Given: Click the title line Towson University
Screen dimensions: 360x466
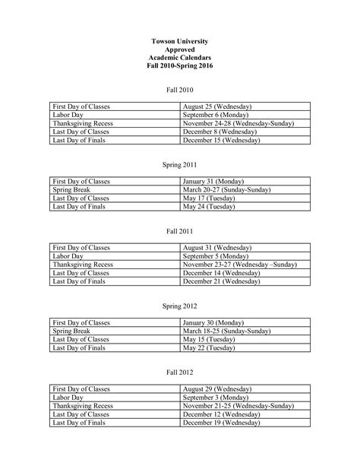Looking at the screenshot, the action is point(180,40).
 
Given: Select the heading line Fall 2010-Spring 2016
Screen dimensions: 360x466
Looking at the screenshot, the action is point(180,67).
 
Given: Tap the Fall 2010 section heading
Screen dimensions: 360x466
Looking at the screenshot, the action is point(180,90).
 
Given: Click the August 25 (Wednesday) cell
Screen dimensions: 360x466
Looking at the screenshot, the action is point(217,106).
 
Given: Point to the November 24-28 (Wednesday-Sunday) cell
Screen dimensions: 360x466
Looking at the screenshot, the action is point(238,123).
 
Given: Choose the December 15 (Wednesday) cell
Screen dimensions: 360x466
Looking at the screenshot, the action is point(221,141).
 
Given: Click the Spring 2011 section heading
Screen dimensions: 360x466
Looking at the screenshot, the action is point(180,163).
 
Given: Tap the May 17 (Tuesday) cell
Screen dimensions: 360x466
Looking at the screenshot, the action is point(209,198).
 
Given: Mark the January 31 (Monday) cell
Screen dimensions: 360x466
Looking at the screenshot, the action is point(213,181).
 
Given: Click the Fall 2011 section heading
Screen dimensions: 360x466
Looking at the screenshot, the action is point(180,230).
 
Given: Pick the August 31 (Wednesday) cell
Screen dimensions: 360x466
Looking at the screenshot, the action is point(217,248).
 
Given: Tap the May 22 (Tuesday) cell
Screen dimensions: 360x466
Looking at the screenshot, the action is point(209,347).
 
